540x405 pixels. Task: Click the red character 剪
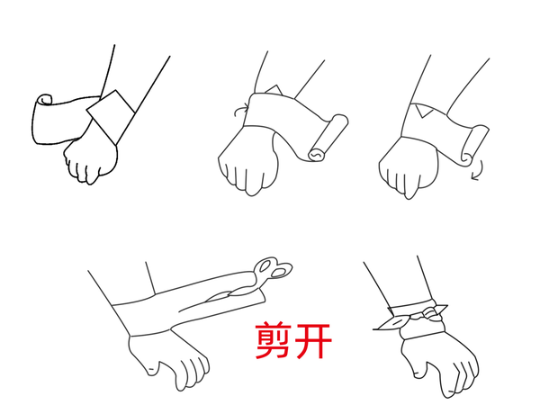[x=273, y=340]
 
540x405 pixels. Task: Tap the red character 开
[x=312, y=340]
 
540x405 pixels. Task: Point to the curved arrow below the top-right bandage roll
[x=478, y=170]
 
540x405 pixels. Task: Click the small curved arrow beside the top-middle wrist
[x=240, y=110]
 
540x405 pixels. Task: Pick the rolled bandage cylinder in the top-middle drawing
[x=328, y=138]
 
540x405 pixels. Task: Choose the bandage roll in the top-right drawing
[x=474, y=145]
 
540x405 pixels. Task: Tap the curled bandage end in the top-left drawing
[x=44, y=100]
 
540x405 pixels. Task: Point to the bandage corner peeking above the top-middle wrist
[x=274, y=90]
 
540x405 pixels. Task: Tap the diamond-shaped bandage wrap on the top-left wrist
[x=111, y=117]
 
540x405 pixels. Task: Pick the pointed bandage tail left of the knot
[x=391, y=323]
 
